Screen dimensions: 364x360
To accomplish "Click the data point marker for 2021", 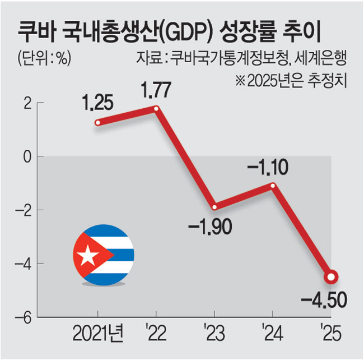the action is pos(98,123).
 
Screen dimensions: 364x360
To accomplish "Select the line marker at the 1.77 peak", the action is pos(156,109).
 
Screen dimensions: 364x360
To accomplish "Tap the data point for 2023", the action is pos(214,207).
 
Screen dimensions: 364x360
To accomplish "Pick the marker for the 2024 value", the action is pos(273,186).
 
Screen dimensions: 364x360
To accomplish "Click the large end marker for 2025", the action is pos(331,277).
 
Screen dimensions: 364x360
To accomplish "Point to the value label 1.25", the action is pos(97,102).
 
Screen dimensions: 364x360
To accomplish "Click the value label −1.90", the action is pos(210,227).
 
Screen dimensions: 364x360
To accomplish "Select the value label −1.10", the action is pos(268,167).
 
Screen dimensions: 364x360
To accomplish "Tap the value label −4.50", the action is pos(324,300).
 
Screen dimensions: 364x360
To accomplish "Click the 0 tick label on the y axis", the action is pos(27,157).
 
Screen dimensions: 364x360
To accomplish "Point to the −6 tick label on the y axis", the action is pos(23,318).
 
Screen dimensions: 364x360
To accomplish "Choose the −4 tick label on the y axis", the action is pos(23,265).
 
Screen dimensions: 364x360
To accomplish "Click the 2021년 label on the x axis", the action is pos(98,333).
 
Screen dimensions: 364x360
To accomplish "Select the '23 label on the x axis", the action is pos(214,333).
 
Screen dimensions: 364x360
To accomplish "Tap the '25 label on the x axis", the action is pos(332,333).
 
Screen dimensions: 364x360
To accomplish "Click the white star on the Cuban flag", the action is pos(87,255).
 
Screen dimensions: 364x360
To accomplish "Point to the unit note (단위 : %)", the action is pos(44,58).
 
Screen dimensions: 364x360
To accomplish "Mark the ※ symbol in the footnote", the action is pos(240,80).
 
